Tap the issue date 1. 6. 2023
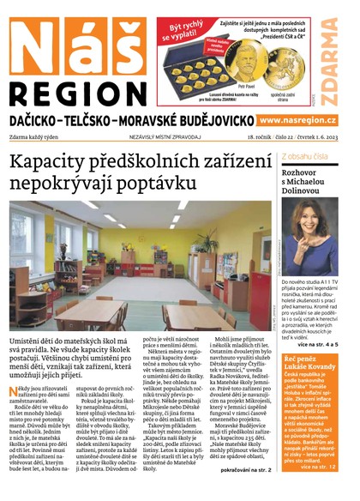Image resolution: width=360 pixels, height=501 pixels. [x=332, y=138]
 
